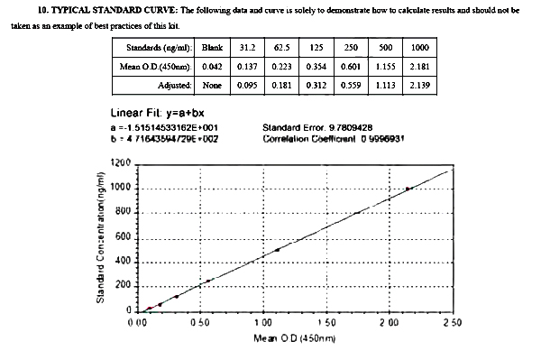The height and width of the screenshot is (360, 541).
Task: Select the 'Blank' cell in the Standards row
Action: (213, 46)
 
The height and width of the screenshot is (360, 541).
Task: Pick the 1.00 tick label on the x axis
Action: (263, 321)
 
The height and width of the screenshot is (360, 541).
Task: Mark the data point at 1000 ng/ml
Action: (408, 189)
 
